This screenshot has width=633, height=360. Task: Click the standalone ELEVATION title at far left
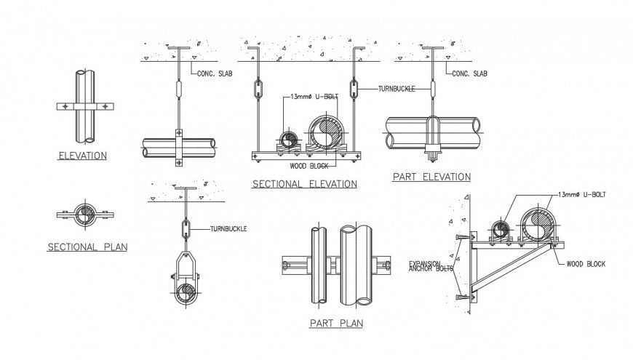tap(84, 156)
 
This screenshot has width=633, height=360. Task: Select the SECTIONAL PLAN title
tap(87, 247)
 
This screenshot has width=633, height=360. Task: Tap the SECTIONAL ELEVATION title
tap(304, 184)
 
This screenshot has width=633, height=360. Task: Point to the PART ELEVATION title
tap(431, 177)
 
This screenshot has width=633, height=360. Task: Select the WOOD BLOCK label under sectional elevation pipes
tap(308, 166)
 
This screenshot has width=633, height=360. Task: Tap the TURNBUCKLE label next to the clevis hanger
tap(228, 229)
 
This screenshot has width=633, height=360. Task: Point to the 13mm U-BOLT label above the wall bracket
tap(581, 194)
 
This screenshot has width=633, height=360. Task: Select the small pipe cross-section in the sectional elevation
tap(287, 138)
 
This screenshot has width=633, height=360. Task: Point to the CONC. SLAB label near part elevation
tap(469, 73)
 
